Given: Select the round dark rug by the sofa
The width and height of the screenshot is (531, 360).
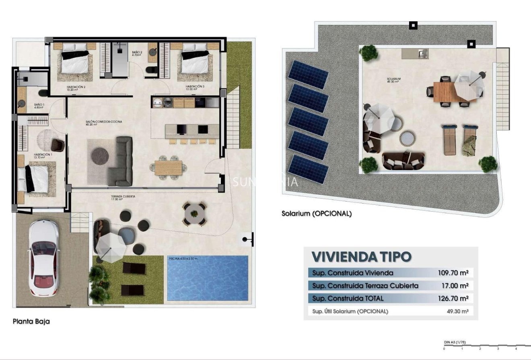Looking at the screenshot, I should click(x=99, y=156).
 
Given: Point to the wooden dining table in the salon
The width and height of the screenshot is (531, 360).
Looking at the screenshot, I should click(x=168, y=167).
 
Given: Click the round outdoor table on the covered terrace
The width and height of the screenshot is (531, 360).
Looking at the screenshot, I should click(x=195, y=213).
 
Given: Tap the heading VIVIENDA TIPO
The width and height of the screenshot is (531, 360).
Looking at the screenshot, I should click(x=362, y=257).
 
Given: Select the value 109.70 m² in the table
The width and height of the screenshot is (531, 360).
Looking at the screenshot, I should click(x=453, y=273).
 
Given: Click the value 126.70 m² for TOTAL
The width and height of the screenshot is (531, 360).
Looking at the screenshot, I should click(x=453, y=298).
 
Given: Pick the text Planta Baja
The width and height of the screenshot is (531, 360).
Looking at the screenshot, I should click(x=31, y=321).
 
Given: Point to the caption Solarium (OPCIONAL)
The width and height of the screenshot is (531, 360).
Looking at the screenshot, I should click(x=317, y=214).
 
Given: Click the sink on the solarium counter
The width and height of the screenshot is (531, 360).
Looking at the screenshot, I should click(x=422, y=53).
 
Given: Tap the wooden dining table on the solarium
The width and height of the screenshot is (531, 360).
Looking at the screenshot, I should click(x=444, y=92).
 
